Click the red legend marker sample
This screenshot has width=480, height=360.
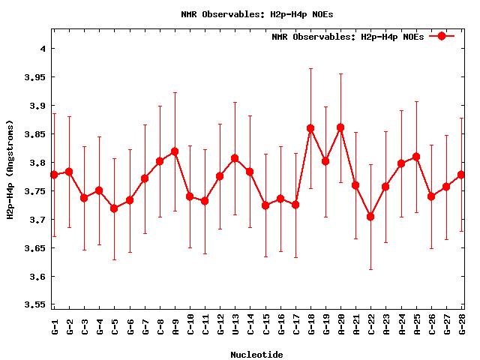coord(442,36)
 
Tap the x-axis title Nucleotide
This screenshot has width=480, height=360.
coord(256,354)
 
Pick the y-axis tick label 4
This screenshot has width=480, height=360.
coord(43,49)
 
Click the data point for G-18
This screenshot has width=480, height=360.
coord(310,128)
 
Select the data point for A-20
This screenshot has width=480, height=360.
coord(340,127)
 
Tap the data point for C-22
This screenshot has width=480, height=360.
coord(370,217)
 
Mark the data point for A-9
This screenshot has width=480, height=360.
coord(175,151)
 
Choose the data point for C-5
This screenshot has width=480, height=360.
coord(114,208)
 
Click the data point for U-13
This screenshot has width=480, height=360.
coord(235,158)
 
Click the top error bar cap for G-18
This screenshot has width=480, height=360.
coord(310,68)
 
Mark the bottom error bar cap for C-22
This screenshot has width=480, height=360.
coord(370,269)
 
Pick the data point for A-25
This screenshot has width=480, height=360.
coord(416,157)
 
